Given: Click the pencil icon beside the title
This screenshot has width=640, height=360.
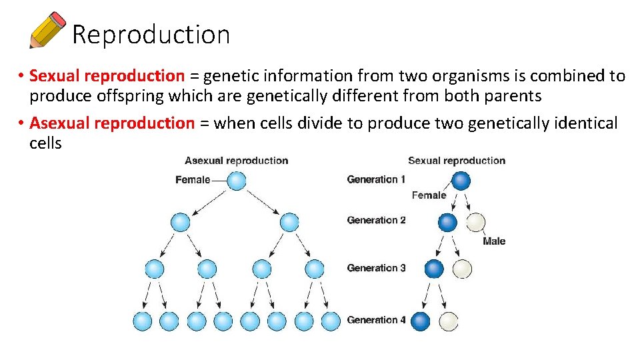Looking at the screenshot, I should [47, 30].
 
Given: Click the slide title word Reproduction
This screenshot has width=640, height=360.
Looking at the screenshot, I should [151, 35].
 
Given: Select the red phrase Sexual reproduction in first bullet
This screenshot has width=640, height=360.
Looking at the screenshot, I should [107, 76].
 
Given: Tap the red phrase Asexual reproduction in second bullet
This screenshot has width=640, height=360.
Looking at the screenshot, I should [112, 123].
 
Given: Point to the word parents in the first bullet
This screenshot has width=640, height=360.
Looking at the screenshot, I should [513, 96].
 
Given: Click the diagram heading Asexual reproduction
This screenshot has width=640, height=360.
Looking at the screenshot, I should [236, 161].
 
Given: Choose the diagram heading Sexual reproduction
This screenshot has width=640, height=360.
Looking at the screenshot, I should [457, 161].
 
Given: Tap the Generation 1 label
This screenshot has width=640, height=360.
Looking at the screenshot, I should [376, 179].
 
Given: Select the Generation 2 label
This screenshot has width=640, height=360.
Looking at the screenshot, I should [376, 220].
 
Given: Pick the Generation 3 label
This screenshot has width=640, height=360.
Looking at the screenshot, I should [376, 268].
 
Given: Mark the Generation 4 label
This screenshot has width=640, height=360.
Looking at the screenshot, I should [376, 320].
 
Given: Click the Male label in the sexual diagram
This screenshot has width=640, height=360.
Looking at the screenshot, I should [494, 241].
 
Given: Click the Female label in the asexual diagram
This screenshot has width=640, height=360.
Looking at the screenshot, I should [193, 180].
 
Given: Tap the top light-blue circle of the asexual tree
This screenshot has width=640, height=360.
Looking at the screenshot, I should [237, 181].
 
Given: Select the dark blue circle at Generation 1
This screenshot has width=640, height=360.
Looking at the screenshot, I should [461, 181].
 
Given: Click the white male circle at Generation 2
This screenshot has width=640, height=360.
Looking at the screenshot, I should [475, 222].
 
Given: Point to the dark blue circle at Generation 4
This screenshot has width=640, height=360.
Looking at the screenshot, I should [421, 321].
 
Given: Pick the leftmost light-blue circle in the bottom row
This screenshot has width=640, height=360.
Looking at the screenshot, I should [143, 321].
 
